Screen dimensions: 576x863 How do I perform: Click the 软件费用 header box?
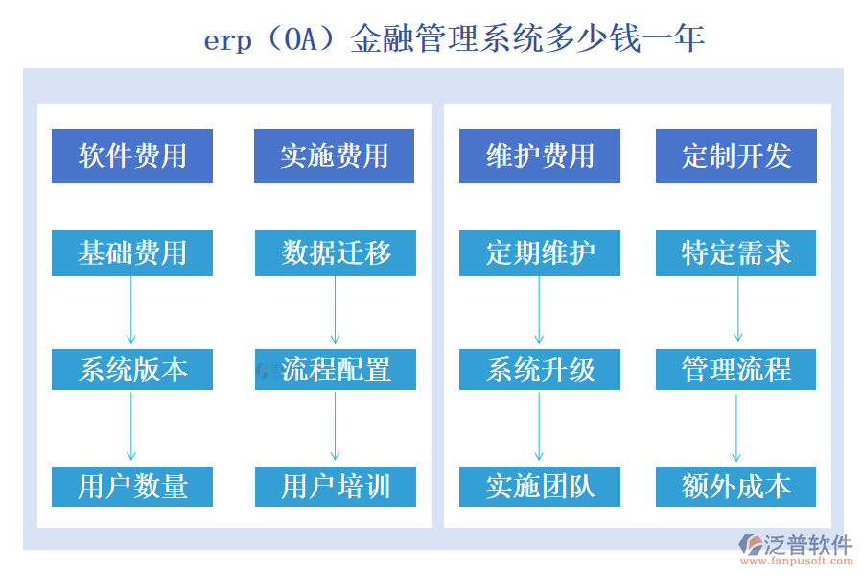(132, 156)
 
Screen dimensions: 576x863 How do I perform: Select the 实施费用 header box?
(334, 156)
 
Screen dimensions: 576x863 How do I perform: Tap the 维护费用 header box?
(539, 156)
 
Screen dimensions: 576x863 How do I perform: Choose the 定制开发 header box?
(735, 156)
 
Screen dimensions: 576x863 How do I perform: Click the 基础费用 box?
(132, 253)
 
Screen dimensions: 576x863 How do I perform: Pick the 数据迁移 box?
(336, 253)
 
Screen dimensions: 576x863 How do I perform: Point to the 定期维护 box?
(539, 253)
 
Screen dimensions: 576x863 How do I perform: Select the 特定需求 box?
(735, 253)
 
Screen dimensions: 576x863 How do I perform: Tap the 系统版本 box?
(132, 370)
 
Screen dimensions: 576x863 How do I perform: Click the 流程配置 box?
(336, 370)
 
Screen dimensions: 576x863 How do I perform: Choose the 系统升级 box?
(539, 370)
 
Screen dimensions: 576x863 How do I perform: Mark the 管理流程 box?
(735, 370)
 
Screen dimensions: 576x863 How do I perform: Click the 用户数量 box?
(132, 486)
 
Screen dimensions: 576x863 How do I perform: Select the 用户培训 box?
(336, 486)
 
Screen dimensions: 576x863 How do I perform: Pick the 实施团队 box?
(539, 486)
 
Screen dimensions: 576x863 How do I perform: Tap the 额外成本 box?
(735, 486)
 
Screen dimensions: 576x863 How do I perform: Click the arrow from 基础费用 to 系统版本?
(131, 309)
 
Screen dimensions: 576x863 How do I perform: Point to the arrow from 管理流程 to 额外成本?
(736, 427)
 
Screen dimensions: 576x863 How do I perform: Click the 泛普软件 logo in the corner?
(795, 548)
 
